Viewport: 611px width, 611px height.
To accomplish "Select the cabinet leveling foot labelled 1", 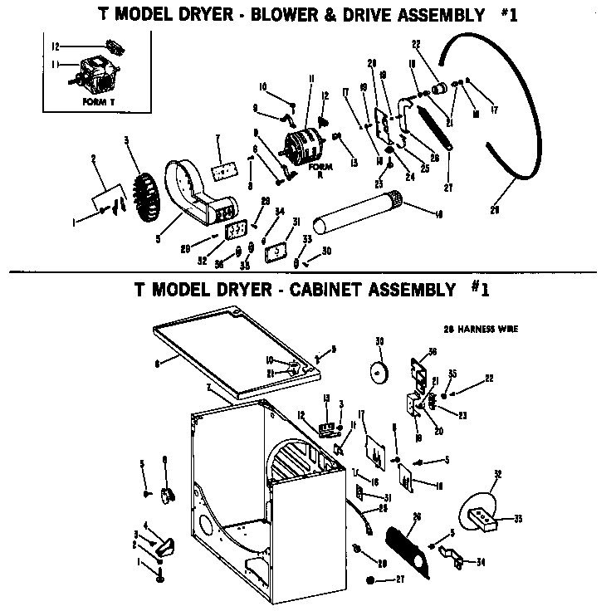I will tap(159, 573).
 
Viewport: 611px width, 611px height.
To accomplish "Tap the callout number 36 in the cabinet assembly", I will tap(433, 351).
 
